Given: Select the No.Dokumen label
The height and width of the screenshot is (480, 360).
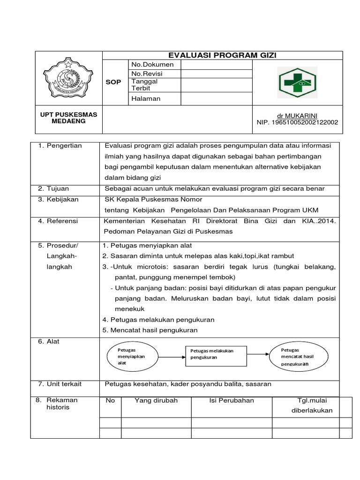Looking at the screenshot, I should [152, 64].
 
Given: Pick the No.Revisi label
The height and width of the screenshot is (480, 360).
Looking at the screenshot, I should [149, 74].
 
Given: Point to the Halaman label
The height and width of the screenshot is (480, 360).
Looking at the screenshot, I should [146, 98].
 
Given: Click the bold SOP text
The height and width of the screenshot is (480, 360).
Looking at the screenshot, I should [114, 82].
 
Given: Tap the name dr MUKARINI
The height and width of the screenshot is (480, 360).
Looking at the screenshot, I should [298, 115].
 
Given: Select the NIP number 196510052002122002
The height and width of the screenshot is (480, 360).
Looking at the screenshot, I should [298, 122].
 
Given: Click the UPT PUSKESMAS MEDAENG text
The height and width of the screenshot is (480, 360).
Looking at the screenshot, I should [69, 118].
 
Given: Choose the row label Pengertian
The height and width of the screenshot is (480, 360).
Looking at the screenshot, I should [64, 145].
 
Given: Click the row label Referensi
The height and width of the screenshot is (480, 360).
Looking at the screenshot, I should [62, 221].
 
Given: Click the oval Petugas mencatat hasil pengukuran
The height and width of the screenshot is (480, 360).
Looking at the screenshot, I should [297, 357].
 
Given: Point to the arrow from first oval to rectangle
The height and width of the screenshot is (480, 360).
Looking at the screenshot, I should [169, 357].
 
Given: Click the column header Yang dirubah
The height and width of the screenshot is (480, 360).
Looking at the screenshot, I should [156, 400].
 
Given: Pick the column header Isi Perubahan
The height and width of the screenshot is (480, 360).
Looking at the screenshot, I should [232, 400].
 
